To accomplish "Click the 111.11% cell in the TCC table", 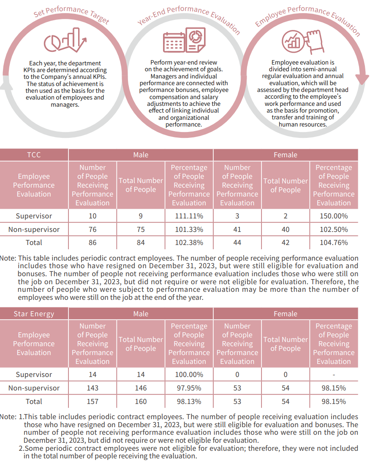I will (189, 216).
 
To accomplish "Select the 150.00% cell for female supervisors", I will (334, 216).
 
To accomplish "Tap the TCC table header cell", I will (34, 155).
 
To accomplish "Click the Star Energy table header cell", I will (34, 314).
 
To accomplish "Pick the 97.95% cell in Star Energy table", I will (189, 388).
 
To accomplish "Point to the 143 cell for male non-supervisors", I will (92, 388).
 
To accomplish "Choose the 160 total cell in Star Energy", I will (141, 401).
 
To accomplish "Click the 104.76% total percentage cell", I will (334, 242).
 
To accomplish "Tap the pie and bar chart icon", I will (65, 40).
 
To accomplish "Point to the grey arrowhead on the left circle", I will (4, 86).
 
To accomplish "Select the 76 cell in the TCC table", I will (92, 229).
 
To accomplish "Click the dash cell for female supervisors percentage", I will (334, 374).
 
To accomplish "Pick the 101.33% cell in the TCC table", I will (189, 229).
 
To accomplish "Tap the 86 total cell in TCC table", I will (92, 242).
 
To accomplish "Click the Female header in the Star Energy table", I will (286, 314).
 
